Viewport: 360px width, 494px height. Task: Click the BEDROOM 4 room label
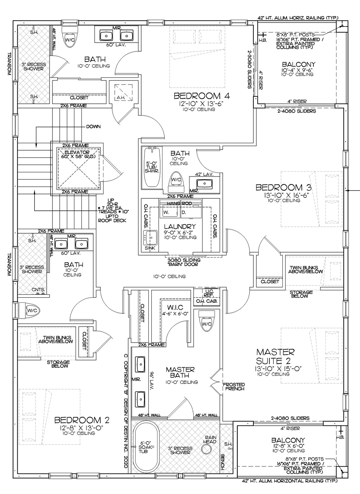pos(202,96)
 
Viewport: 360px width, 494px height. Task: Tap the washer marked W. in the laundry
pos(170,212)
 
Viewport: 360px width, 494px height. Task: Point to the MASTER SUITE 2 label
pos(275,356)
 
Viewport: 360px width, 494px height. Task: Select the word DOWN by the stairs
pos(93,127)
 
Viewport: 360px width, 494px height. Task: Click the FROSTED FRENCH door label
pos(234,387)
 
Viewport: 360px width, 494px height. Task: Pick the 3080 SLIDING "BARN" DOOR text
pos(184,262)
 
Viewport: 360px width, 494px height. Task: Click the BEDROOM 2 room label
pos(82,420)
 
